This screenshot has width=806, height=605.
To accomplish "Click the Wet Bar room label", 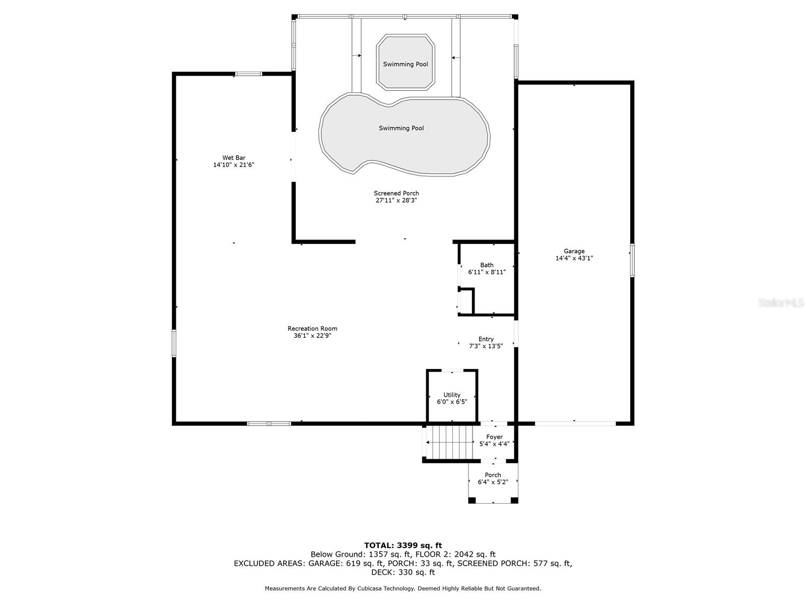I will pyautogui.click(x=234, y=158).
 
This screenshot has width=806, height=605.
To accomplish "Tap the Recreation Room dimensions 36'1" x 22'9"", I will pyautogui.click(x=312, y=336).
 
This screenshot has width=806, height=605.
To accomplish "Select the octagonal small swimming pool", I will pyautogui.click(x=406, y=63).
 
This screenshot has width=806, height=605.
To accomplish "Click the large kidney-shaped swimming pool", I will pyautogui.click(x=403, y=136).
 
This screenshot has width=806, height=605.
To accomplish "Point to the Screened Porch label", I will pyautogui.click(x=396, y=193).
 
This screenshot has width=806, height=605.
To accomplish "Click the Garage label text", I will pyautogui.click(x=574, y=251).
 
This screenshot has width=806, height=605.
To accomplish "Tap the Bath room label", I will pyautogui.click(x=487, y=265).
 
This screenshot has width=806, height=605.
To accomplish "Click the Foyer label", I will pyautogui.click(x=494, y=437).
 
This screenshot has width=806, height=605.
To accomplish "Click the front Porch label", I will pyautogui.click(x=493, y=475).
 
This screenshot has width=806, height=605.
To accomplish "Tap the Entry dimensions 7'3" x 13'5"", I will pyautogui.click(x=486, y=346).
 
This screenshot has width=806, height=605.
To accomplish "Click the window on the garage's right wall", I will pyautogui.click(x=632, y=260).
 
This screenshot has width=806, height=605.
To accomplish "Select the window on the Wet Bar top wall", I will pyautogui.click(x=249, y=74).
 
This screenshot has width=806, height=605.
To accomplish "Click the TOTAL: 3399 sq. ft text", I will pyautogui.click(x=403, y=545).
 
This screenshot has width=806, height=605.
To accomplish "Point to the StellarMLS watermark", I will pyautogui.click(x=781, y=302).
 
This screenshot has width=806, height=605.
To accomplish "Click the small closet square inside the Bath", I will pyautogui.click(x=466, y=301).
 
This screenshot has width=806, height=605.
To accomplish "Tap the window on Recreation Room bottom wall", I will pyautogui.click(x=269, y=423).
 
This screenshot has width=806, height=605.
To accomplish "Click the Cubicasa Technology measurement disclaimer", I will pyautogui.click(x=403, y=588).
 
